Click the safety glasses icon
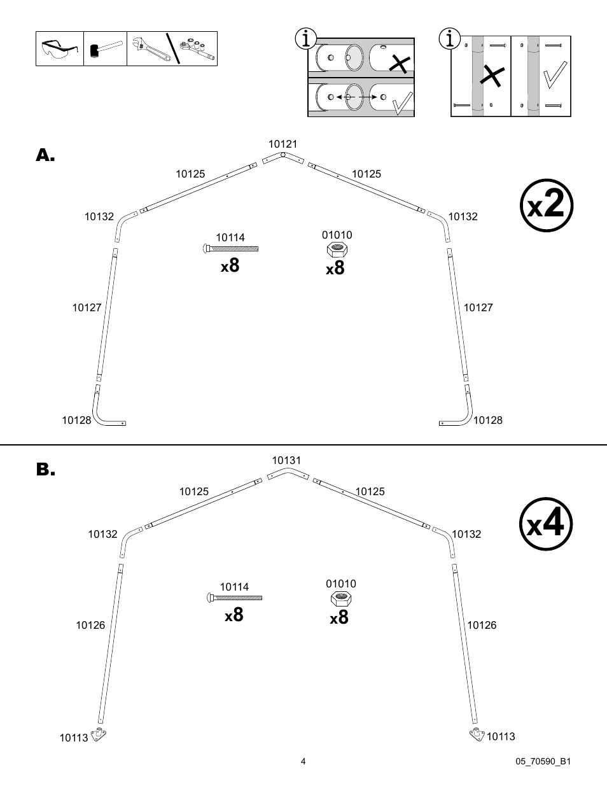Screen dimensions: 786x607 click(x=60, y=49)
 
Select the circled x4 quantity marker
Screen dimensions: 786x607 click(x=546, y=525)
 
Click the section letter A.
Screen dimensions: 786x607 click(x=45, y=155)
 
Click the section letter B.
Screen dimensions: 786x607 click(x=45, y=470)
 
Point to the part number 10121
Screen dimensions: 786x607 click(x=283, y=144)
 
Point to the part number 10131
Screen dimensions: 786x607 click(x=286, y=460)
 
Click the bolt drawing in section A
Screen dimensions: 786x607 click(x=230, y=249)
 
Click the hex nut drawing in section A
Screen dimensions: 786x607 click(x=337, y=249)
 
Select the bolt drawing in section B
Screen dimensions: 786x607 click(x=234, y=598)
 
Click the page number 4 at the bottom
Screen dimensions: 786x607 click(x=303, y=761)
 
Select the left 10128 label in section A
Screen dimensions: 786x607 click(x=76, y=420)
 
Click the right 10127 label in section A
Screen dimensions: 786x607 click(x=478, y=307)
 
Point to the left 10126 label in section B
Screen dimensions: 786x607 click(x=90, y=625)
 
